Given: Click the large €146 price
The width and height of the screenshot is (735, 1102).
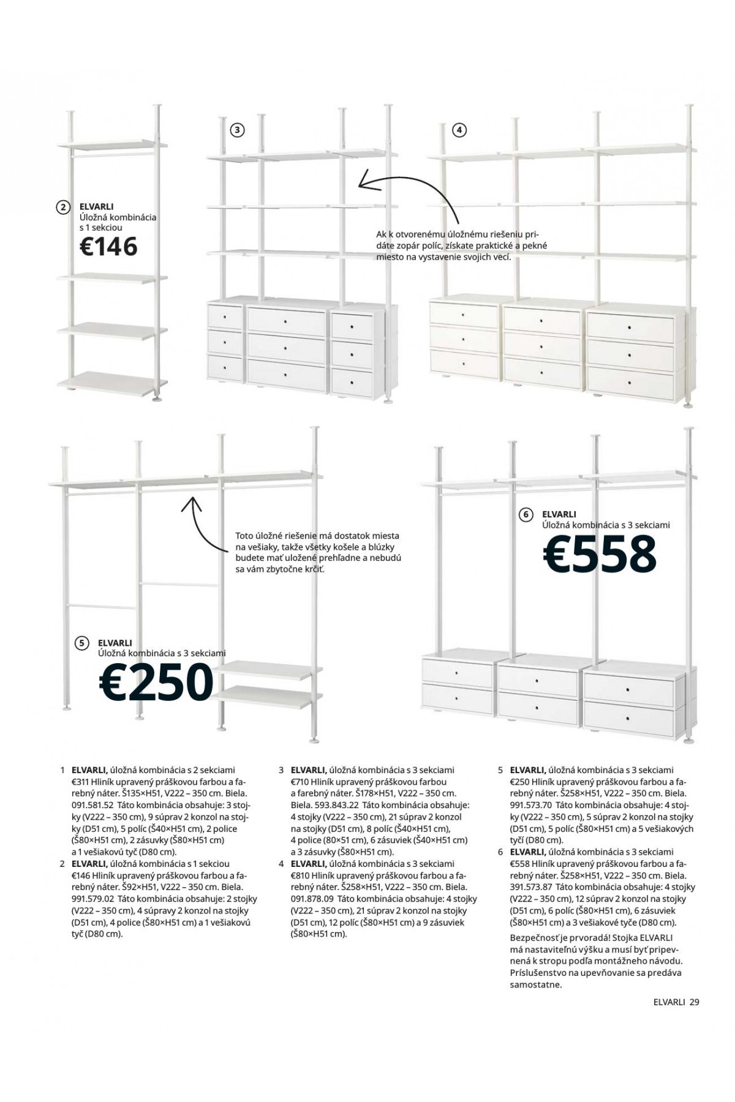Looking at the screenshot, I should click(108, 247).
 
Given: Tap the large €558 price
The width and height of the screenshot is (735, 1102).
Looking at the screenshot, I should click(599, 555).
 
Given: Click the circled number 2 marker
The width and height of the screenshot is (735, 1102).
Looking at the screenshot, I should click(62, 208).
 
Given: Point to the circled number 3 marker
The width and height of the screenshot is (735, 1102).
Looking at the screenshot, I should click(237, 130).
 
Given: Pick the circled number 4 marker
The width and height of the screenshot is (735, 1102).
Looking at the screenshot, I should click(459, 130).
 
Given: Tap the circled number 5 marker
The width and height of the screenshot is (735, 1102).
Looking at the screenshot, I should click(81, 643).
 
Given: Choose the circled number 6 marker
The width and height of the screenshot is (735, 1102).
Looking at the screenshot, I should click(526, 515).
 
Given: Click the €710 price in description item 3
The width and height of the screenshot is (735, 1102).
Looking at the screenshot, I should click(300, 782).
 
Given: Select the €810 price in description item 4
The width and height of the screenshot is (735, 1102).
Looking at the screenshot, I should click(300, 875).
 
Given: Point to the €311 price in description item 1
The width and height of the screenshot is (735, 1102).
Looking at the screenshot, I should click(81, 782).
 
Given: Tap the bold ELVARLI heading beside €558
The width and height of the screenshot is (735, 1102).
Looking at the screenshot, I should click(559, 514).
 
